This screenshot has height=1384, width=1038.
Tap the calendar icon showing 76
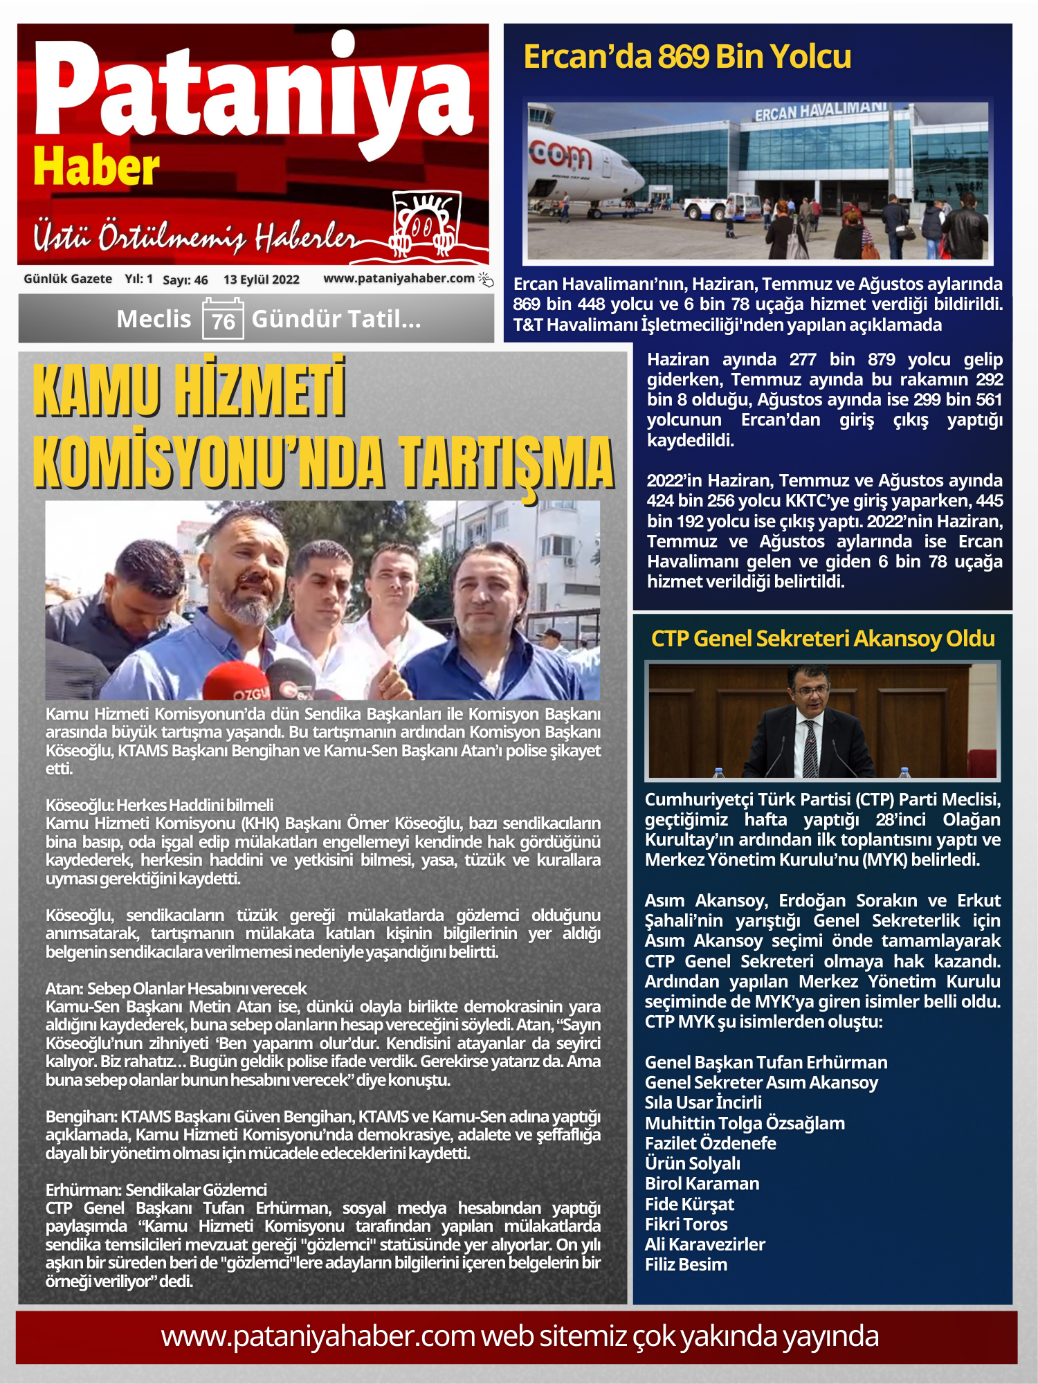pos(223,318)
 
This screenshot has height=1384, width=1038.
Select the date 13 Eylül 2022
pos(261,280)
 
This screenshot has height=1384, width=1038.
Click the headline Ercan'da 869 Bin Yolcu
pos(687,57)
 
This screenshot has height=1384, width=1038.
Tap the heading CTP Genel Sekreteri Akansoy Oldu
pos(823,638)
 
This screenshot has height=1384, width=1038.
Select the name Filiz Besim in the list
pos(686,1264)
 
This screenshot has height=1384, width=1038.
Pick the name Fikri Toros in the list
pos(686,1224)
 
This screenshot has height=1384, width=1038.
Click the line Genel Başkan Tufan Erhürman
pos(765,1062)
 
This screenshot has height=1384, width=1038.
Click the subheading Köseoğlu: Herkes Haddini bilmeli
pos(159,805)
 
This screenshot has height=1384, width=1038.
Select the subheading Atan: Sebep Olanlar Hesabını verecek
pos(176,988)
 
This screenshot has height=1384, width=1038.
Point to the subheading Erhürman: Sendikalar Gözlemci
pos(156,1190)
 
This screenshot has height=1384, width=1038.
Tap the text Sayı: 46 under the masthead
pos(185,280)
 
